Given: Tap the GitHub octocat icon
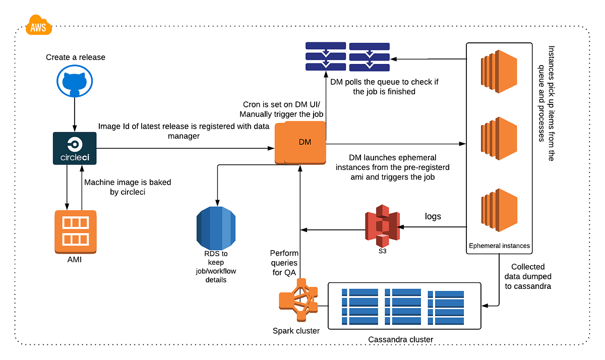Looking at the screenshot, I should [x=75, y=82].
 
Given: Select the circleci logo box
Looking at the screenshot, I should [x=75, y=148].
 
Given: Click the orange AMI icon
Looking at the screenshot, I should [x=75, y=231].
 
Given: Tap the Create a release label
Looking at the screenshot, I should [x=76, y=57].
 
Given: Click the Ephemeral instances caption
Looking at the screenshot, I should [x=499, y=246].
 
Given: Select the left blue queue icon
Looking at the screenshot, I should [x=325, y=56].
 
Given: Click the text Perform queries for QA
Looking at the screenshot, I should [x=284, y=262].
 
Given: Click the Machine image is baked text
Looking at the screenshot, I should [x=128, y=187].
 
